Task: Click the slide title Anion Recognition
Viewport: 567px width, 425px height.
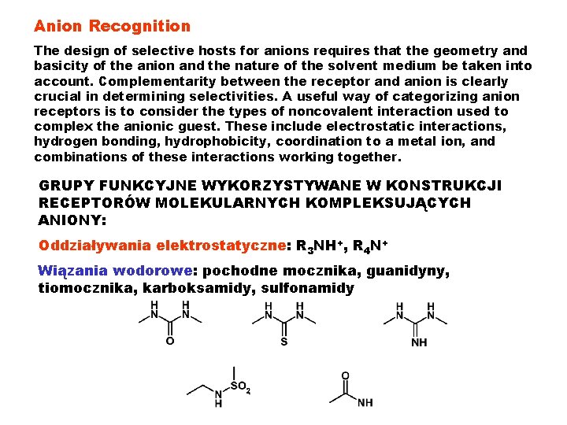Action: pyautogui.click(x=112, y=26)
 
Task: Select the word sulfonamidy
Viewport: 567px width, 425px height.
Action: pyautogui.click(x=307, y=288)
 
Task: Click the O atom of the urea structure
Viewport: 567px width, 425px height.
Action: pyautogui.click(x=170, y=342)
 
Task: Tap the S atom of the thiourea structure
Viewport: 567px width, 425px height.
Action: pyautogui.click(x=284, y=342)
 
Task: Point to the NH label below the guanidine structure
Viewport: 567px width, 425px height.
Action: pyautogui.click(x=419, y=343)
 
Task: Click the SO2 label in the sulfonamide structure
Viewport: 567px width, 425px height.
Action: pyautogui.click(x=241, y=387)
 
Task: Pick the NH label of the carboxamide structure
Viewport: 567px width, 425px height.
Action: pyautogui.click(x=365, y=403)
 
